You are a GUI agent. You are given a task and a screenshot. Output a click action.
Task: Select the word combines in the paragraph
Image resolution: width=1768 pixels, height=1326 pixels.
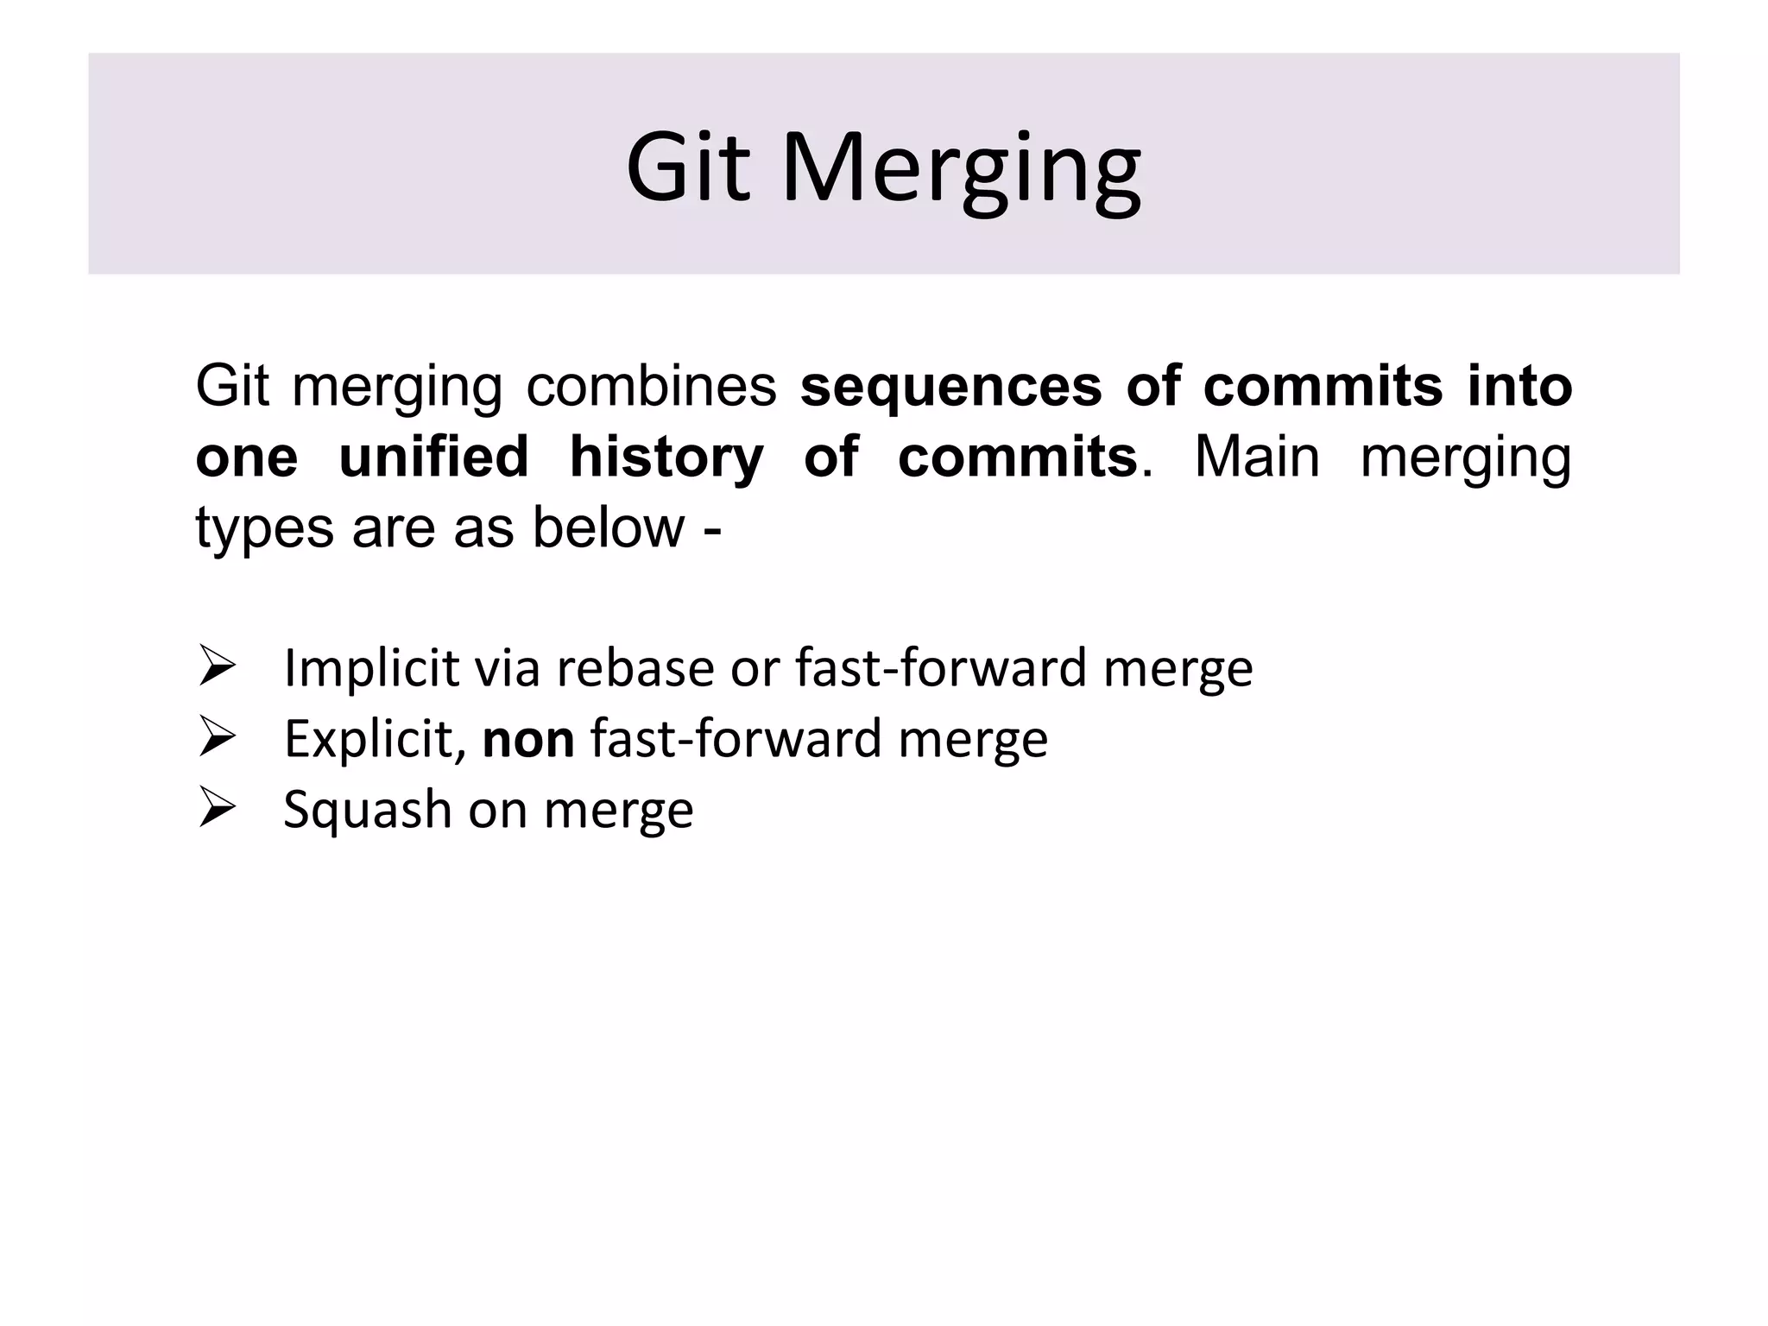pyautogui.click(x=652, y=386)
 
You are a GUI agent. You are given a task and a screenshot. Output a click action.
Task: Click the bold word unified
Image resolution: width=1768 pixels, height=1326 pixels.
pyautogui.click(x=433, y=457)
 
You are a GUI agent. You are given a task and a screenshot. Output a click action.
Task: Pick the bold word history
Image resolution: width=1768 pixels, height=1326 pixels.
pyautogui.click(x=666, y=458)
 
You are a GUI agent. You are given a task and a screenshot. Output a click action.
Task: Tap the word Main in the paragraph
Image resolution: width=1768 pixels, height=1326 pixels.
pyautogui.click(x=1257, y=457)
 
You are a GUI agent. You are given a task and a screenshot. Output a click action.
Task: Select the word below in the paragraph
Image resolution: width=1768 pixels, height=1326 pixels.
pyautogui.click(x=608, y=527)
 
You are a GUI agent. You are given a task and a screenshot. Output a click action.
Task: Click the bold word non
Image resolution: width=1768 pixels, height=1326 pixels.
pyautogui.click(x=528, y=741)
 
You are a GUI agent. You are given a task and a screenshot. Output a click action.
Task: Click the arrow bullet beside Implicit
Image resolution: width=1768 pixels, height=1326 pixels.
pyautogui.click(x=217, y=666)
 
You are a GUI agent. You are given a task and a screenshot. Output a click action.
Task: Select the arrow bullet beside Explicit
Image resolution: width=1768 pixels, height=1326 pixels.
pyautogui.click(x=217, y=737)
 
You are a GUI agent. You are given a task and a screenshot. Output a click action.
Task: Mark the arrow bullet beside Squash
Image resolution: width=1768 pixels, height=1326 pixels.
pyautogui.click(x=217, y=808)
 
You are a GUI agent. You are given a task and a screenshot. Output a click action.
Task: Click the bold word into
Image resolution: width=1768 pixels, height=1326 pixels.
pyautogui.click(x=1519, y=386)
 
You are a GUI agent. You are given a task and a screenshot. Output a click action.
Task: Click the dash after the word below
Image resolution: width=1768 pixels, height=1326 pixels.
pyautogui.click(x=712, y=529)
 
